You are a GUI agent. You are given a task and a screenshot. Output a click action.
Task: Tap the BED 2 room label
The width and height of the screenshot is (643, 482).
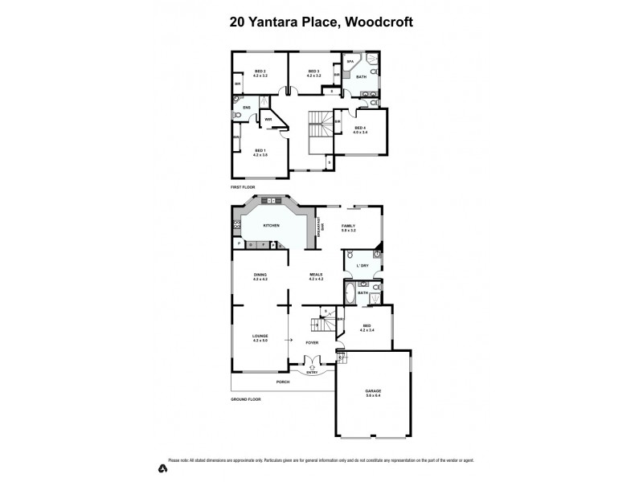pos(260,71)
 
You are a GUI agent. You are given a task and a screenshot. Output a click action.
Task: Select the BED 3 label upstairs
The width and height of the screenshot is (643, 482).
pos(314,71)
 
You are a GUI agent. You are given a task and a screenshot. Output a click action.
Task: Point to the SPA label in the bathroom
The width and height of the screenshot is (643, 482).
pos(350,61)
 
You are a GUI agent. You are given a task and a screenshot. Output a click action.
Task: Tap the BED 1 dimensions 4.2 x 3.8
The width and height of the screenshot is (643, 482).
pos(260,154)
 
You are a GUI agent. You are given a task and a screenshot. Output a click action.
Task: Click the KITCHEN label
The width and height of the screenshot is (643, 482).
pos(270,226)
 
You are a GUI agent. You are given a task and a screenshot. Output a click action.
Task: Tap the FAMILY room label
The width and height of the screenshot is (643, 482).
pos(349,226)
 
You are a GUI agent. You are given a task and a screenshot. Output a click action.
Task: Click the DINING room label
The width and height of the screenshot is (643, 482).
pos(260,275)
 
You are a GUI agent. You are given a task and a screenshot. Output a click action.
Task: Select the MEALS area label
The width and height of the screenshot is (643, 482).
pos(316,275)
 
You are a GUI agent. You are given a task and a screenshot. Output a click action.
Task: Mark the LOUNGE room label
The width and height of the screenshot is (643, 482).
pos(260,335)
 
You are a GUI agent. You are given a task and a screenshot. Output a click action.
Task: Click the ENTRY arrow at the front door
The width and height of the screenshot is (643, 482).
pos(311,371)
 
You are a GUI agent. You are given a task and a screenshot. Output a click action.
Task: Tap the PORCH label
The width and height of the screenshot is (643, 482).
pos(282,382)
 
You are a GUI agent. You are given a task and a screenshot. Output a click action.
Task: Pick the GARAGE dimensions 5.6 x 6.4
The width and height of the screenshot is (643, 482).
pos(373,395)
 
